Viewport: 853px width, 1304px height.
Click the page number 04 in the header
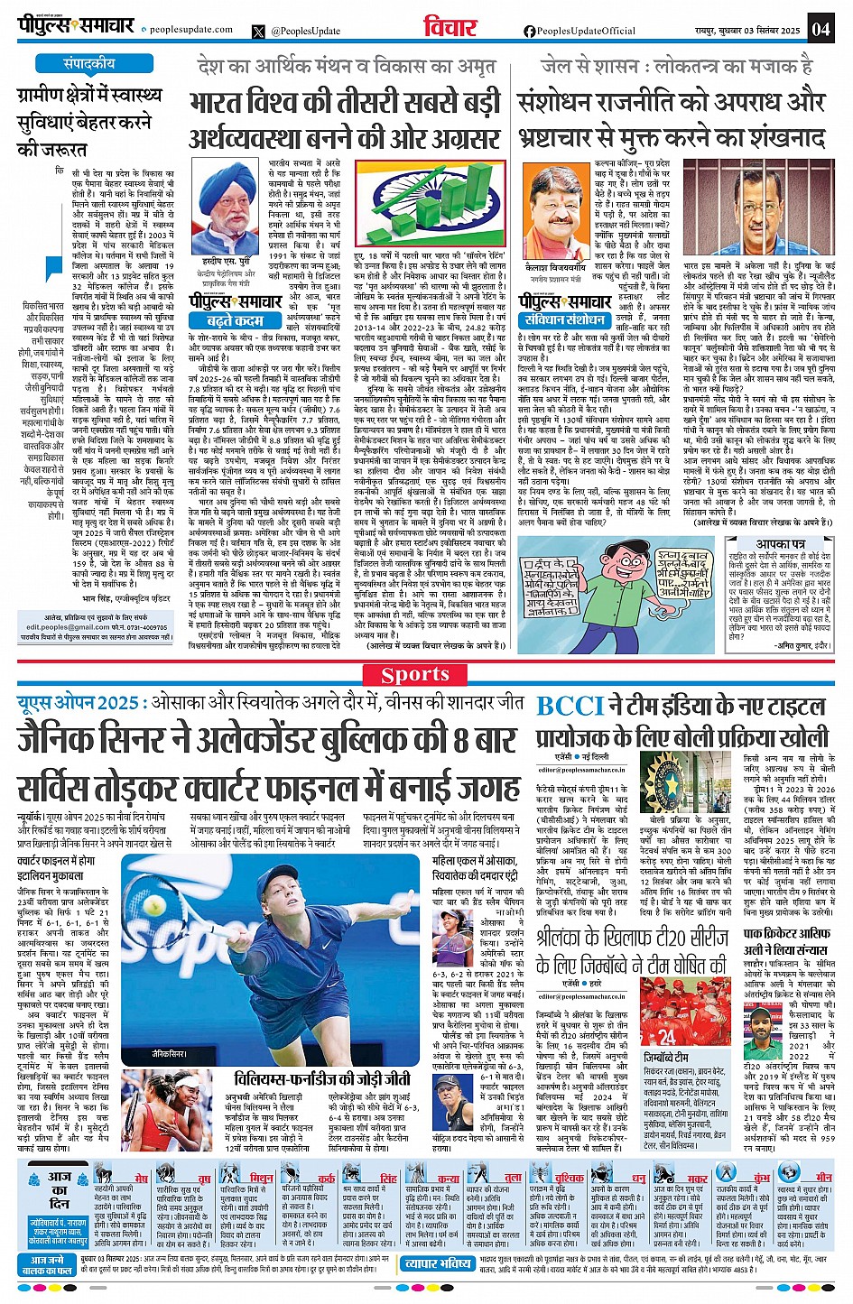[820, 27]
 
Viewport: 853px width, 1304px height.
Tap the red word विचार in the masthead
[451, 27]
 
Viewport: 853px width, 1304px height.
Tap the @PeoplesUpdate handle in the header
[305, 31]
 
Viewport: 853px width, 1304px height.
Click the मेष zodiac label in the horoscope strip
[141, 1179]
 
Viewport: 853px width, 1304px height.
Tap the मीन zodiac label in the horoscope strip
[823, 1179]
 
